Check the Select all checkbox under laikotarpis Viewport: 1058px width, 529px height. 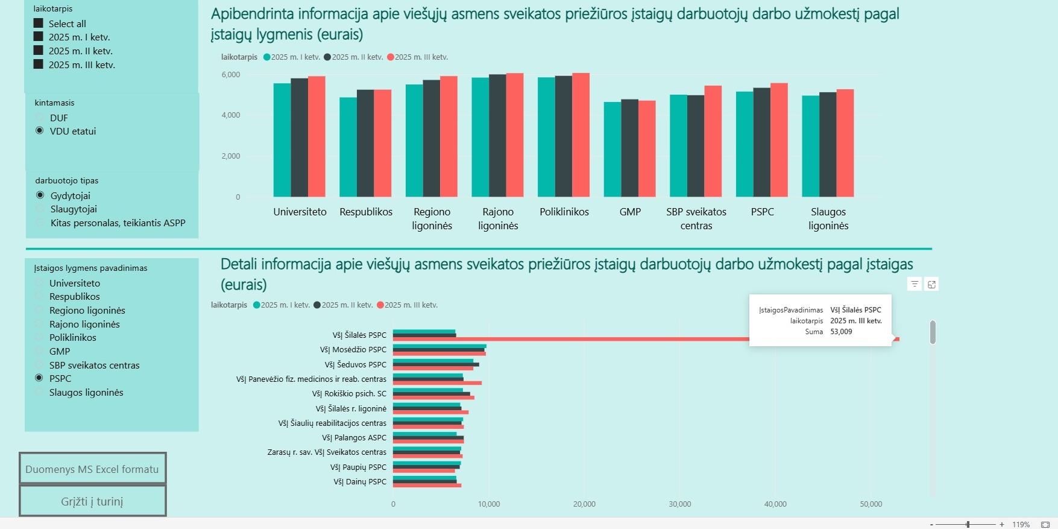(x=39, y=24)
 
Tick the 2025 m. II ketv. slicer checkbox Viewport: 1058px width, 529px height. (x=39, y=51)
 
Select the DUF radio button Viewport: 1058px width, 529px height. (x=40, y=118)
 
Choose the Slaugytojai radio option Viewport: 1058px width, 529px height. (x=40, y=209)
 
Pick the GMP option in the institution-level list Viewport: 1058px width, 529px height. (x=39, y=351)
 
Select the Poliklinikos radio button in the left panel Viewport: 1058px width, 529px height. (x=39, y=337)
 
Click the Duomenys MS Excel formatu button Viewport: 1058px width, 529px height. (x=92, y=469)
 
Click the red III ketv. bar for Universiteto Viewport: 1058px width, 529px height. (x=316, y=136)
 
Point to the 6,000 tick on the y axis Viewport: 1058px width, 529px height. (x=231, y=75)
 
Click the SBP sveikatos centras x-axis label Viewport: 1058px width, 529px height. (x=696, y=218)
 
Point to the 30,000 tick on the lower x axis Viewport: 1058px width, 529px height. (x=680, y=504)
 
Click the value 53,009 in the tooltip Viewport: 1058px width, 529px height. (x=841, y=332)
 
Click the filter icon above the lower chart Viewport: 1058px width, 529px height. (x=915, y=284)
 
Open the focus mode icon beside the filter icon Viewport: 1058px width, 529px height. (x=931, y=284)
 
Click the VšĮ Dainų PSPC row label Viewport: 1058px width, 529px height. (x=360, y=482)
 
